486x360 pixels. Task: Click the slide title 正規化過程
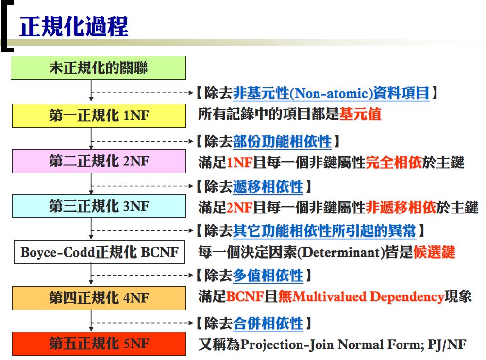[x=74, y=27]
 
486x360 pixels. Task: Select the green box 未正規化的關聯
[x=98, y=67]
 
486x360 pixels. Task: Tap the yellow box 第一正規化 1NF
[x=99, y=115]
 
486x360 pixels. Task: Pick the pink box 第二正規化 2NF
[x=99, y=161]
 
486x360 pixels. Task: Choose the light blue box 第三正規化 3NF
[x=99, y=206]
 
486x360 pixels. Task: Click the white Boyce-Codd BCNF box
[x=100, y=252]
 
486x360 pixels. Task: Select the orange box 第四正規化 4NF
[x=99, y=298]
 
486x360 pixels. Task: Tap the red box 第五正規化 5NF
[x=99, y=344]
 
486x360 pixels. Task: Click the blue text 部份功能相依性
[x=283, y=142]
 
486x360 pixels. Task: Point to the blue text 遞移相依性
[x=268, y=186]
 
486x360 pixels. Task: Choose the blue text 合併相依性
[x=268, y=324]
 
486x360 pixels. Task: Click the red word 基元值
[x=360, y=114]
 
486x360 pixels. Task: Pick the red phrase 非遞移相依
[x=401, y=207]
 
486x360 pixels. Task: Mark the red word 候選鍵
[x=434, y=252]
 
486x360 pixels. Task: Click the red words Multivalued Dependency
[x=368, y=297]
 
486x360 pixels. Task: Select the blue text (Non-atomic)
[x=331, y=93]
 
